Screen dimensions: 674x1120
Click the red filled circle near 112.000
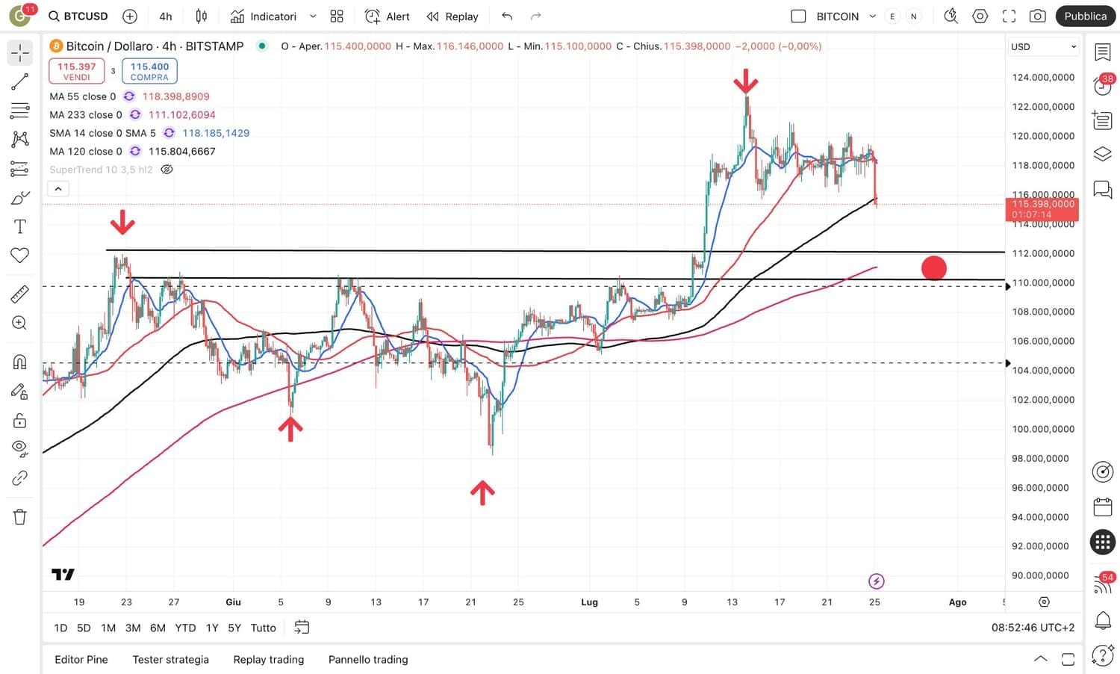click(934, 268)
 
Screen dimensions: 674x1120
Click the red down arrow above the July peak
click(745, 81)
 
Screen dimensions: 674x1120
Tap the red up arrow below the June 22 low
click(482, 492)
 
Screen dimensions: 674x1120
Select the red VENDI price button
click(76, 71)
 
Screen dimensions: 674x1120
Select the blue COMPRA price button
click(149, 71)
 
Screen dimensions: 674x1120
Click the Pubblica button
click(1085, 16)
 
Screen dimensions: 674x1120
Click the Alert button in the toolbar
click(388, 16)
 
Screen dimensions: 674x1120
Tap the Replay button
click(452, 16)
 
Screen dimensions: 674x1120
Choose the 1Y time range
click(212, 628)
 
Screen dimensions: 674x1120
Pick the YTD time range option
click(185, 628)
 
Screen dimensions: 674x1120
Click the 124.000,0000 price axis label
click(1043, 77)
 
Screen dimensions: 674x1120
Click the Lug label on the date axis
click(589, 602)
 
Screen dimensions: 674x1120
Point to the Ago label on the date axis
click(957, 602)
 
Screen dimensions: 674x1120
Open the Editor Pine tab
click(81, 659)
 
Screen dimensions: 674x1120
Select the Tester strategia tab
click(170, 659)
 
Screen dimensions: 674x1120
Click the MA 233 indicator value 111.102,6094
click(182, 114)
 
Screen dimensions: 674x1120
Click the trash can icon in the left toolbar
click(20, 516)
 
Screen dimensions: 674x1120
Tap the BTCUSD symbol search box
click(78, 16)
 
